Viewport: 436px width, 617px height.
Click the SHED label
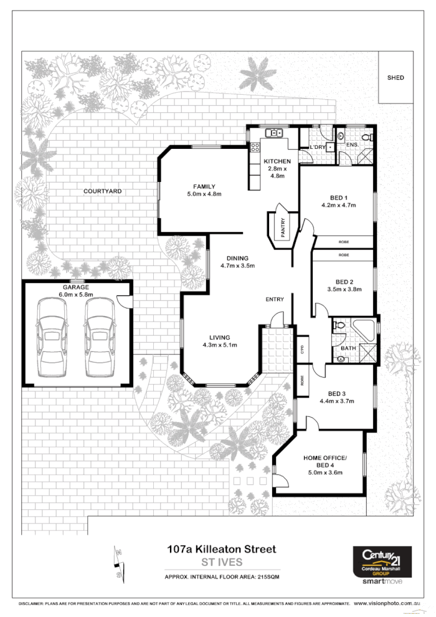(396, 78)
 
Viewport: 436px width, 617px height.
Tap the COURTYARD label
(103, 191)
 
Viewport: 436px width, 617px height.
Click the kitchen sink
(273, 133)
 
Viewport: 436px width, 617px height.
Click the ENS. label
(352, 145)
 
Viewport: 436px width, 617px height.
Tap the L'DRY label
(318, 147)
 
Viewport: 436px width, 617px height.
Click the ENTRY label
(275, 300)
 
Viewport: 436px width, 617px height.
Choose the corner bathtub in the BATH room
(363, 329)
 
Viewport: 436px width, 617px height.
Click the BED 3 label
(336, 393)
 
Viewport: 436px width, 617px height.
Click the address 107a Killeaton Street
(221, 550)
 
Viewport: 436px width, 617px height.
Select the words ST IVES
(222, 562)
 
